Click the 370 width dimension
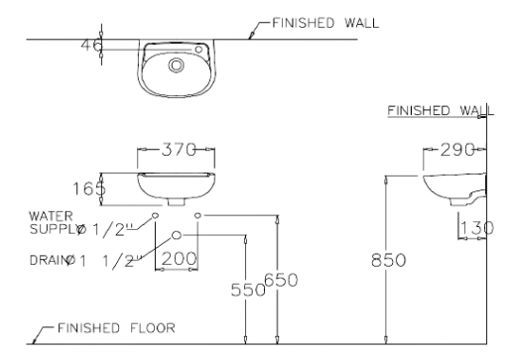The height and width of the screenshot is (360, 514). (177, 154)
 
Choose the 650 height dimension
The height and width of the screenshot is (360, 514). (283, 282)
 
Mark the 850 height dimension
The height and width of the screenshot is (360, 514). (384, 260)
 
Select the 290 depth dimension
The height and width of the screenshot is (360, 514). (453, 155)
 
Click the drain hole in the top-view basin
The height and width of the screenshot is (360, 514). (176, 66)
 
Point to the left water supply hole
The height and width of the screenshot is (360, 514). (155, 214)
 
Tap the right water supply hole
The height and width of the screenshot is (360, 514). (198, 214)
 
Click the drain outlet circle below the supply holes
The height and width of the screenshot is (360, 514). (177, 235)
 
